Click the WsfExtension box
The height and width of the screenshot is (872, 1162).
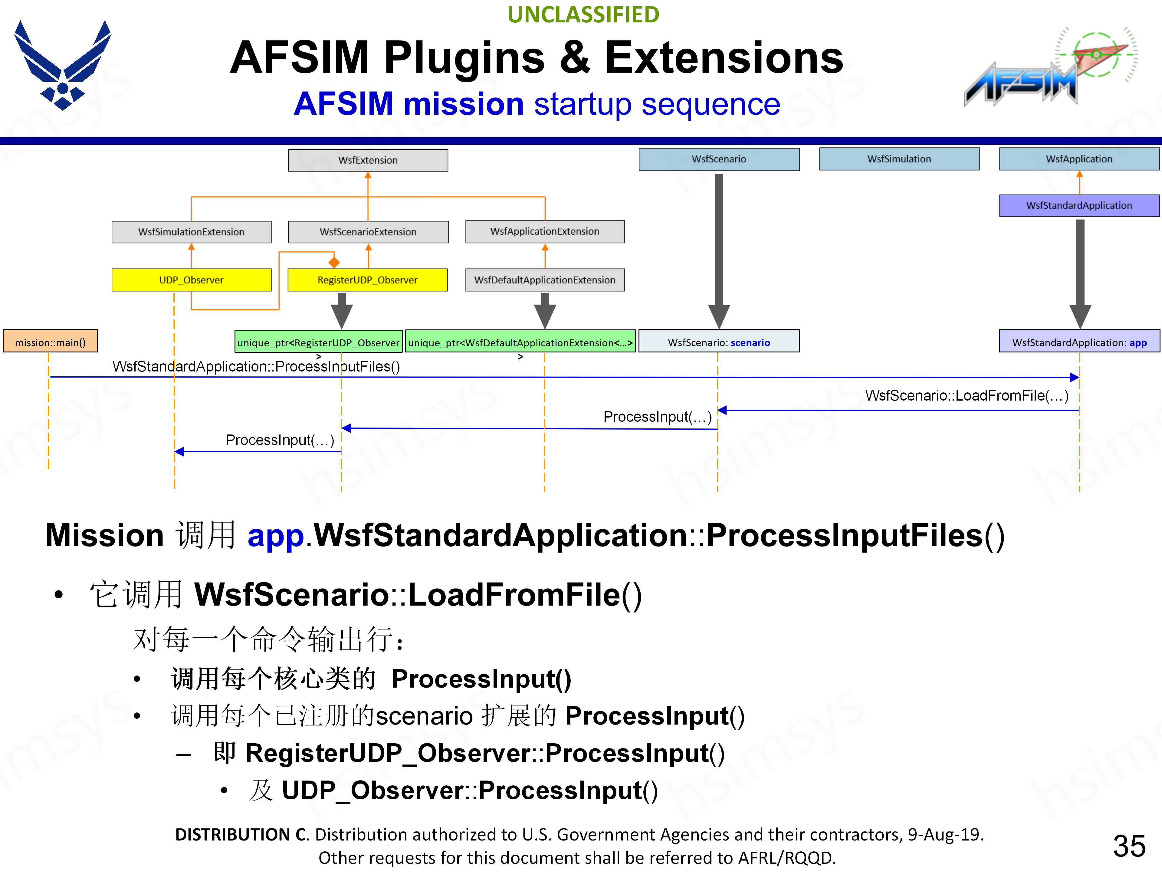tap(368, 160)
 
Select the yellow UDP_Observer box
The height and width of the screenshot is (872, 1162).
tap(191, 280)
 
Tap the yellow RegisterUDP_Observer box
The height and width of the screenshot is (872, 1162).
tap(367, 280)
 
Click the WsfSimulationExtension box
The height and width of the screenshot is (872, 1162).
tap(191, 232)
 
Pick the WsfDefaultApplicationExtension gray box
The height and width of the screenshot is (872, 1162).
tap(545, 280)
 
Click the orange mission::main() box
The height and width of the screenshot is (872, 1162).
tap(51, 342)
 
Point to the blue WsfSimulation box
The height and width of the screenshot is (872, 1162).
tap(899, 159)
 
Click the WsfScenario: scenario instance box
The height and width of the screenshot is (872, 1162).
tap(719, 342)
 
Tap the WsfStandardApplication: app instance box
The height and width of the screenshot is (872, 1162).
tap(1079, 342)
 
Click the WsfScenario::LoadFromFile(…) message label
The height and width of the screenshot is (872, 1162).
tap(967, 395)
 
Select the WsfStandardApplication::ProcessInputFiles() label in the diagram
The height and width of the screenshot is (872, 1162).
tap(256, 366)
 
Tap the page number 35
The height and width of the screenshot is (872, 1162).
tap(1129, 846)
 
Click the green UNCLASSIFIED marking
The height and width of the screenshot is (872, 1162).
tap(583, 15)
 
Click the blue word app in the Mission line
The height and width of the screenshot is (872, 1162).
tap(275, 536)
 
